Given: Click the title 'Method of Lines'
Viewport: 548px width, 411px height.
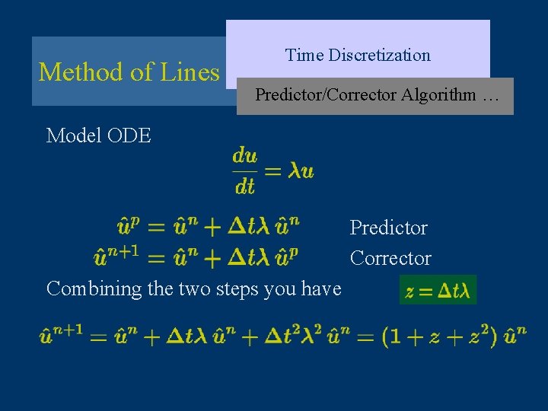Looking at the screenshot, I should (x=129, y=72).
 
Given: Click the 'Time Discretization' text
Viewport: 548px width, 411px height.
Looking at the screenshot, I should (x=358, y=55).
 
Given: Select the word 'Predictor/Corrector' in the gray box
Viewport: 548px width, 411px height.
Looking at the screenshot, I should (x=326, y=95).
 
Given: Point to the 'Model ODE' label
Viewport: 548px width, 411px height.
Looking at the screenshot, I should (x=99, y=135).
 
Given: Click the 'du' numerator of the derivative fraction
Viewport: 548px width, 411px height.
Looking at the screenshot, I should (x=245, y=156).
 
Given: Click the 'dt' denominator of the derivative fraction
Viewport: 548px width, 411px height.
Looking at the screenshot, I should (x=244, y=186).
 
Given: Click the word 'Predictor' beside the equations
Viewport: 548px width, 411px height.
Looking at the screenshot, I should (x=388, y=228).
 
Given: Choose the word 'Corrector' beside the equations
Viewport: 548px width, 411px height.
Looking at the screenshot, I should (x=390, y=258).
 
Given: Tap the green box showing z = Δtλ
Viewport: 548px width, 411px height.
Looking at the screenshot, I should (x=438, y=290).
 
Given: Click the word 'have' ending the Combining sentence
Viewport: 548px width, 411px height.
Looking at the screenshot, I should (x=321, y=288).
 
